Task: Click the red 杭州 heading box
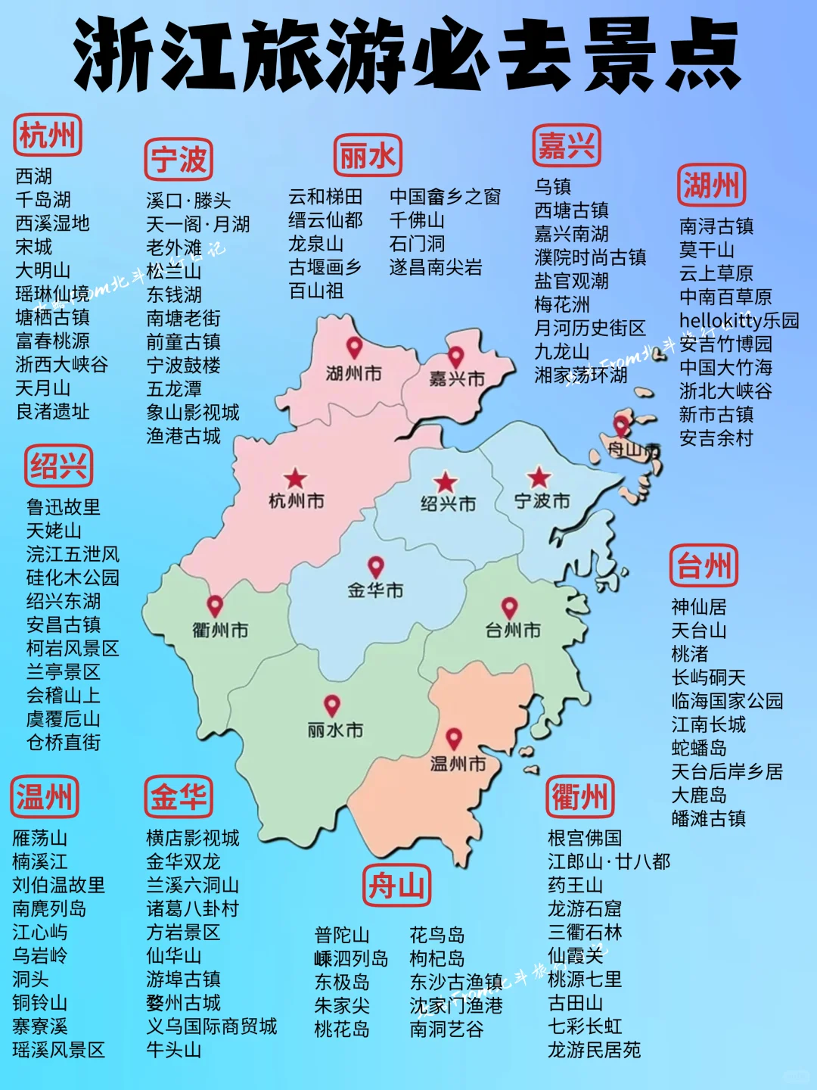[x=47, y=136]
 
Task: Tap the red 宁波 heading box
[x=179, y=160]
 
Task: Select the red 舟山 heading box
[x=396, y=885]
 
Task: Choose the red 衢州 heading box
[x=580, y=796]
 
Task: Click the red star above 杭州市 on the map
[x=295, y=478]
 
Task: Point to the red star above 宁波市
[x=539, y=478]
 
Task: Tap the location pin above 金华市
[x=376, y=566]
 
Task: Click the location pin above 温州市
[x=454, y=738]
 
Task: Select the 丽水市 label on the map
[x=335, y=730]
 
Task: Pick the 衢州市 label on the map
[x=220, y=630]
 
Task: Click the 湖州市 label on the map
[x=353, y=373]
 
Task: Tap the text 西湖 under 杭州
[x=34, y=176]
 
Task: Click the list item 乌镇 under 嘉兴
[x=553, y=186]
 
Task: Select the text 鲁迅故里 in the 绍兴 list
[x=64, y=507]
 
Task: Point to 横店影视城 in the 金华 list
[x=193, y=838]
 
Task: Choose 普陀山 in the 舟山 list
[x=342, y=935]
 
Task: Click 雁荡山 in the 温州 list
[x=40, y=838]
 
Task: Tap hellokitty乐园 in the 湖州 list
[x=739, y=320]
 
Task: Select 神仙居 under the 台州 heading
[x=699, y=607]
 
